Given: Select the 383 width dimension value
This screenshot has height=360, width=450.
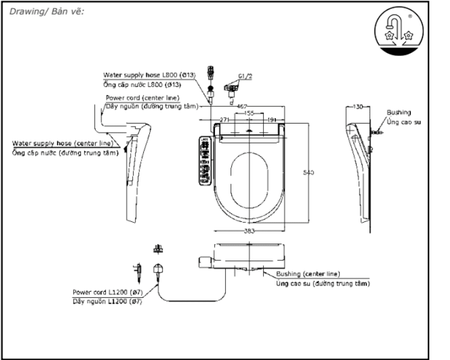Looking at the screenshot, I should pyautogui.click(x=249, y=230).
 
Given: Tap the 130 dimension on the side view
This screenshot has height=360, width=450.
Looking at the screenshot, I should pyautogui.click(x=358, y=107).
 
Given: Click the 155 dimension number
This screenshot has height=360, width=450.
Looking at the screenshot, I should pyautogui.click(x=249, y=113).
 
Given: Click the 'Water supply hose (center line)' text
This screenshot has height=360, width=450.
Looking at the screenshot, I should pyautogui.click(x=63, y=144).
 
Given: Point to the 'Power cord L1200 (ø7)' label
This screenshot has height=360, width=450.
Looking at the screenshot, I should pyautogui.click(x=107, y=292).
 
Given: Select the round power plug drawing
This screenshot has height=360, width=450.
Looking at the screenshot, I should pyautogui.click(x=158, y=269).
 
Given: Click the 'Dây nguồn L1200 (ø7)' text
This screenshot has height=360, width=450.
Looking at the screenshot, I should pyautogui.click(x=107, y=300).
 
